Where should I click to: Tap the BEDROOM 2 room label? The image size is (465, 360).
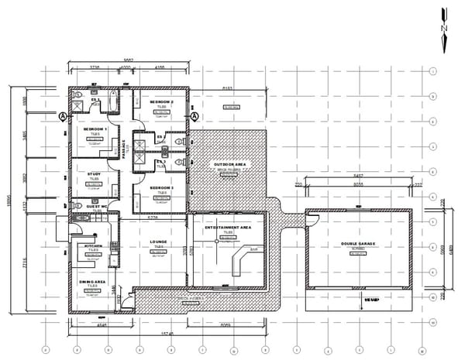click(x=162, y=102)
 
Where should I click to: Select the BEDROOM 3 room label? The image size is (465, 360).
click(x=161, y=188)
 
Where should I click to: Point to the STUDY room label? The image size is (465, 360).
click(x=94, y=174)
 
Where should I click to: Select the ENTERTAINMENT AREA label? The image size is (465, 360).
click(x=228, y=228)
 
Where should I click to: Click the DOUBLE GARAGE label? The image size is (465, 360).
click(x=357, y=244)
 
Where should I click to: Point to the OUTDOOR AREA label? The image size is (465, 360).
click(x=228, y=164)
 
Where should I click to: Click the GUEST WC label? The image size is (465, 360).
click(x=98, y=207)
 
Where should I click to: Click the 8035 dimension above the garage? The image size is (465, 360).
click(x=357, y=186)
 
